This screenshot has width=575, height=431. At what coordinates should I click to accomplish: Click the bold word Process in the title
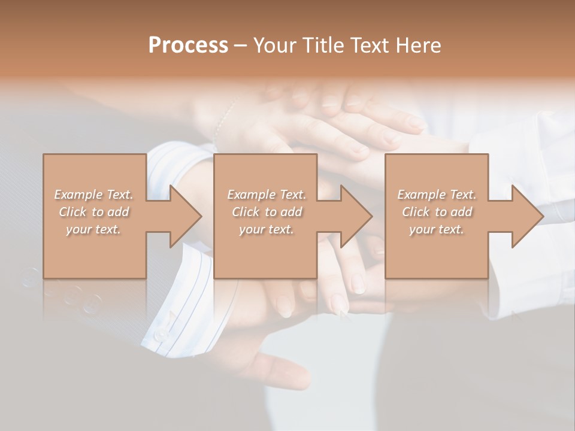coord(188,45)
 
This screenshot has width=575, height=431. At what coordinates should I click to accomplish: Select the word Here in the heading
coord(417,45)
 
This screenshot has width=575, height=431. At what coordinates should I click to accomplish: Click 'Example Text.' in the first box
coord(93,195)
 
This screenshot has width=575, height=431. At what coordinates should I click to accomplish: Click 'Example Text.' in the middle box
coord(267,195)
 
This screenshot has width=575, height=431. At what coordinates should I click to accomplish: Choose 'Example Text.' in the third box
coord(437,195)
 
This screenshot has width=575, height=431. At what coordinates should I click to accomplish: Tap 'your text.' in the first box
coord(93,229)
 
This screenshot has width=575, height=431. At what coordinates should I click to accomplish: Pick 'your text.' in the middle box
coord(267,229)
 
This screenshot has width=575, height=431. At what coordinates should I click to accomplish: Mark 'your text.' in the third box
coord(437,229)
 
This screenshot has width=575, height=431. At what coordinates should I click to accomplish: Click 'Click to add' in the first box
coord(93,212)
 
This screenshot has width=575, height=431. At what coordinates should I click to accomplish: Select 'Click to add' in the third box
coord(437,212)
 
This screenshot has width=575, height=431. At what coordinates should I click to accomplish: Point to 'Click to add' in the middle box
coord(267,212)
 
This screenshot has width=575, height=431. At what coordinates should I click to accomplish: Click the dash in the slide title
coord(241,46)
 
